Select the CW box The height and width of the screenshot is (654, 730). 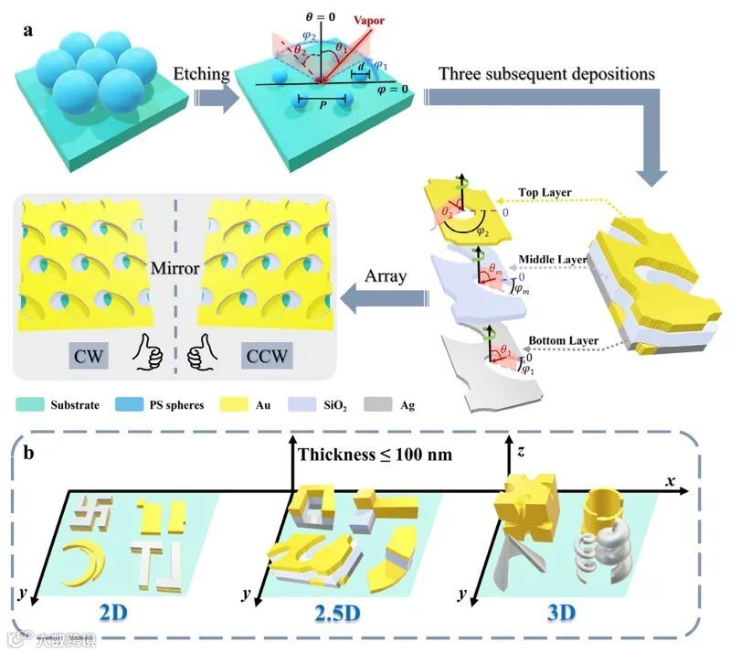click(80, 352)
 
